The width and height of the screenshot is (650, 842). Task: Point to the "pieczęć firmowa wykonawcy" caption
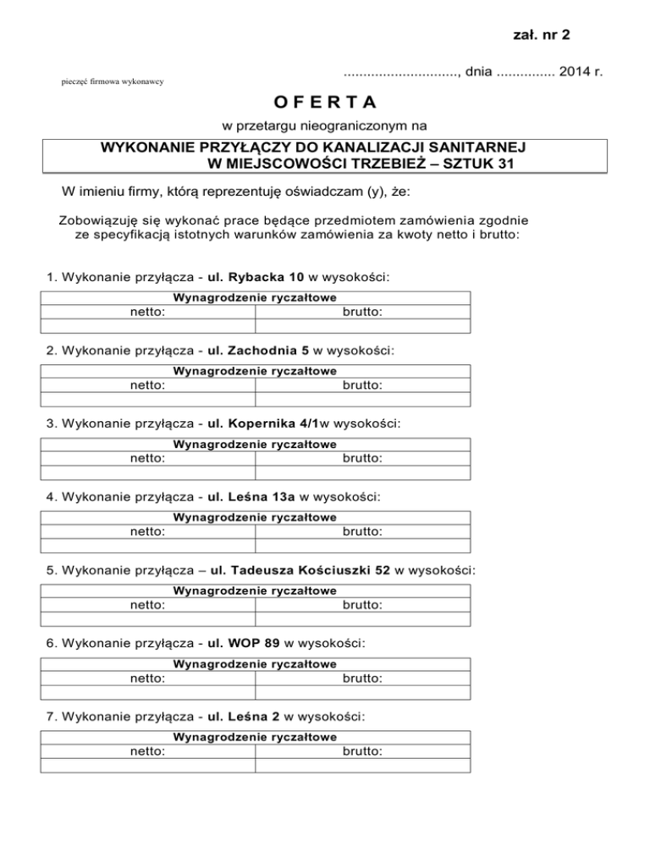click(x=113, y=81)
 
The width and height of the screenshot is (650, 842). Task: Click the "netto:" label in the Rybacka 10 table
click(x=147, y=312)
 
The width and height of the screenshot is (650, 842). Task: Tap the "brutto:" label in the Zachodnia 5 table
click(x=362, y=385)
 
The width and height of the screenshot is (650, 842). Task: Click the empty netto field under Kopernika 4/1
click(x=147, y=473)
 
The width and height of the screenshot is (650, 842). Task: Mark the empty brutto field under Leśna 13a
click(x=362, y=546)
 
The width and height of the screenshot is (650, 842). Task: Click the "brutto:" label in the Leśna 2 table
click(x=362, y=751)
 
